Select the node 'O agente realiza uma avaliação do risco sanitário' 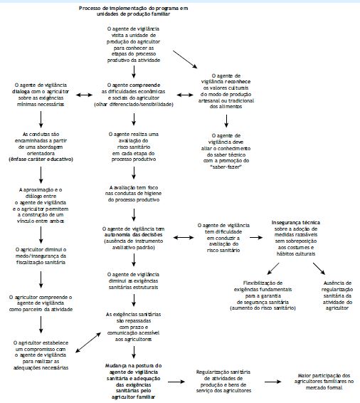[x=135, y=146]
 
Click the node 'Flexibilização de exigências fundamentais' [x=265, y=290]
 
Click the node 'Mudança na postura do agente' [x=135, y=377]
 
